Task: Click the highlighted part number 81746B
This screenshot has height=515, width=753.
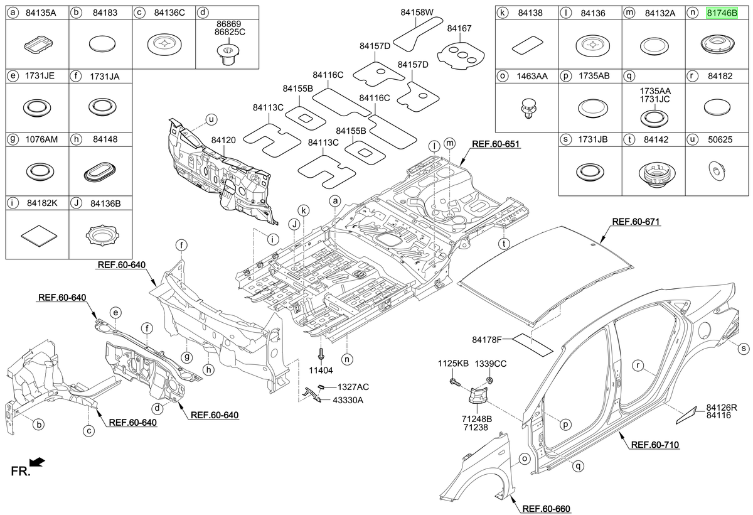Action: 722,13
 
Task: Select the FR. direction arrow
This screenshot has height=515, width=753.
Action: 37,462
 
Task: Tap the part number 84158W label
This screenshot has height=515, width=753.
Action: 417,13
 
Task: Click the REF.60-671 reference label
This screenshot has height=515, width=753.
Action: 636,222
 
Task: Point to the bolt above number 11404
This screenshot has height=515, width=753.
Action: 321,354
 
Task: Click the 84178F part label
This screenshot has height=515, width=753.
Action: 486,340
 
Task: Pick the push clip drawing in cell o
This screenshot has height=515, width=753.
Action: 528,109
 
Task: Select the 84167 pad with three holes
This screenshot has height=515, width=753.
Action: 461,55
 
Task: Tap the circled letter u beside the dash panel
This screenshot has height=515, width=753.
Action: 211,119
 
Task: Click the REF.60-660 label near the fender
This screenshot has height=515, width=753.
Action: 547,509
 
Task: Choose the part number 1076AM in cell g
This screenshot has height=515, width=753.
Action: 41,139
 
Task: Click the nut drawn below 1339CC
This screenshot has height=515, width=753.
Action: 490,381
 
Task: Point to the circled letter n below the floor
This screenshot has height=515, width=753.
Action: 347,359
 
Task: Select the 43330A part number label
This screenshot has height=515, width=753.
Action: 348,400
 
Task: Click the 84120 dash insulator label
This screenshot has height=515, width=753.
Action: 223,140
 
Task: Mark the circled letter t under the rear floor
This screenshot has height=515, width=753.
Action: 504,244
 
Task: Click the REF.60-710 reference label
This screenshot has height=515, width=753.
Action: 655,445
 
